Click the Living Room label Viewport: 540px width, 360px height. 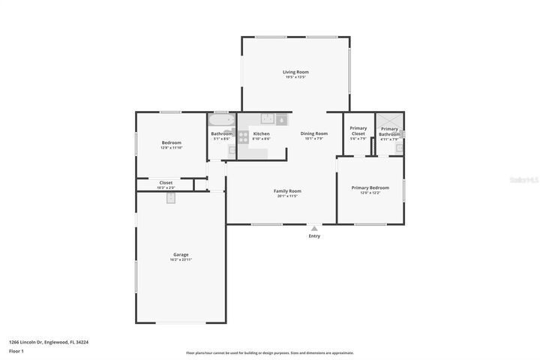pos(296,72)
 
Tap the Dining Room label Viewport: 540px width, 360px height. pos(314,133)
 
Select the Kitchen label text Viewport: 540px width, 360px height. pos(261,133)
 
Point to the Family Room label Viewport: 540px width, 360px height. pos(286,190)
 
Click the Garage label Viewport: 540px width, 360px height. pos(181,254)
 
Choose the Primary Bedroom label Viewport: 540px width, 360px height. pos(370,187)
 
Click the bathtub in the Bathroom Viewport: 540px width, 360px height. pos(221,120)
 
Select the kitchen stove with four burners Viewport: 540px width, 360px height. pos(244,136)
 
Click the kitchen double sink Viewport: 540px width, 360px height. pos(267,118)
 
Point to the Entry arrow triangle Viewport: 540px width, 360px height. pos(314,228)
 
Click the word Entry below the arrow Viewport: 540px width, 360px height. pos(314,236)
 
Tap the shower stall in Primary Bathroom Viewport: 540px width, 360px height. pos(389,121)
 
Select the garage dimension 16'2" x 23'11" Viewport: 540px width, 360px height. pos(181,259)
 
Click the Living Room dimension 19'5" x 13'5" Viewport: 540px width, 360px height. pos(296,77)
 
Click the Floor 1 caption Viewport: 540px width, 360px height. pos(16,351)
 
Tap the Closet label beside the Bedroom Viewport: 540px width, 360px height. pos(166,182)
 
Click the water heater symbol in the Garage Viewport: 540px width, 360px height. pos(170,198)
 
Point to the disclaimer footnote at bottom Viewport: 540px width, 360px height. pos(270,352)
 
